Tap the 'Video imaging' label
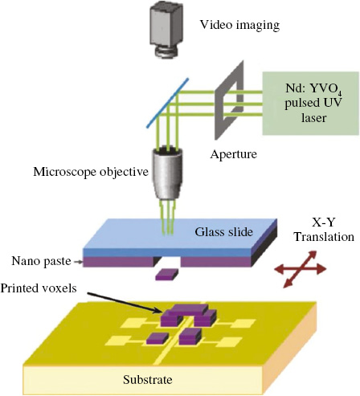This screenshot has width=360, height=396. pyautogui.click(x=239, y=25)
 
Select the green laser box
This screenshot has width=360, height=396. pyautogui.click(x=310, y=103)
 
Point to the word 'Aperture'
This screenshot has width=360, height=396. pyautogui.click(x=233, y=154)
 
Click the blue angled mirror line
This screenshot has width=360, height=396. pyautogui.click(x=167, y=103)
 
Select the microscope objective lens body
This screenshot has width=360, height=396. pyautogui.click(x=168, y=174)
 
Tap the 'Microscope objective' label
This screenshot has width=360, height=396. pyautogui.click(x=91, y=172)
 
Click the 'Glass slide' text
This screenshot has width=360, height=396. pyautogui.click(x=223, y=232)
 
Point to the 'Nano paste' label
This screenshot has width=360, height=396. pyautogui.click(x=41, y=261)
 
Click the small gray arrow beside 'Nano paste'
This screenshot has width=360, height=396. pyautogui.click(x=78, y=262)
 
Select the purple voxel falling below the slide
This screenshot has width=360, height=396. pyautogui.click(x=166, y=275)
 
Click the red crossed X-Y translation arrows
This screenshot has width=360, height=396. pyautogui.click(x=301, y=269)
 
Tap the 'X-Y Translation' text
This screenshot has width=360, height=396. pyautogui.click(x=324, y=230)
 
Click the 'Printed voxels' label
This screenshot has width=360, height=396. pyautogui.click(x=39, y=288)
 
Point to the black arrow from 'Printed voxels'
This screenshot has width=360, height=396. pyautogui.click(x=125, y=303)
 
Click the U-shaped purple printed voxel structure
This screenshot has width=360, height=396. pyautogui.click(x=188, y=316)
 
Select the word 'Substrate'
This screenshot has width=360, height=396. pyautogui.click(x=148, y=380)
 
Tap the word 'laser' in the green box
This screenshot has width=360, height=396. pyautogui.click(x=313, y=117)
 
